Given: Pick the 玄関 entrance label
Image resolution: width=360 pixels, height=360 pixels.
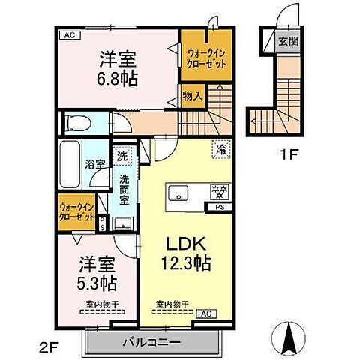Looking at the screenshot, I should coord(287,40).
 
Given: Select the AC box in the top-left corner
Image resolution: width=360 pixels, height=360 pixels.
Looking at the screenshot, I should coord(68,34).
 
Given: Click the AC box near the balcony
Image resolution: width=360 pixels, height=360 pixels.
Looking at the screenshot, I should coord(205,313).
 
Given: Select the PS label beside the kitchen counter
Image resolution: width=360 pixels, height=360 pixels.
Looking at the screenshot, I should coord(220,207).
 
